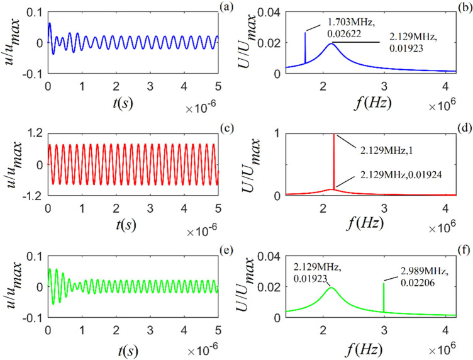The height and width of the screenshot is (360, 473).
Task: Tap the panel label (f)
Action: (x=462, y=252)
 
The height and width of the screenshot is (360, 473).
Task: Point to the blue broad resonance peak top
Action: (x=331, y=43)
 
